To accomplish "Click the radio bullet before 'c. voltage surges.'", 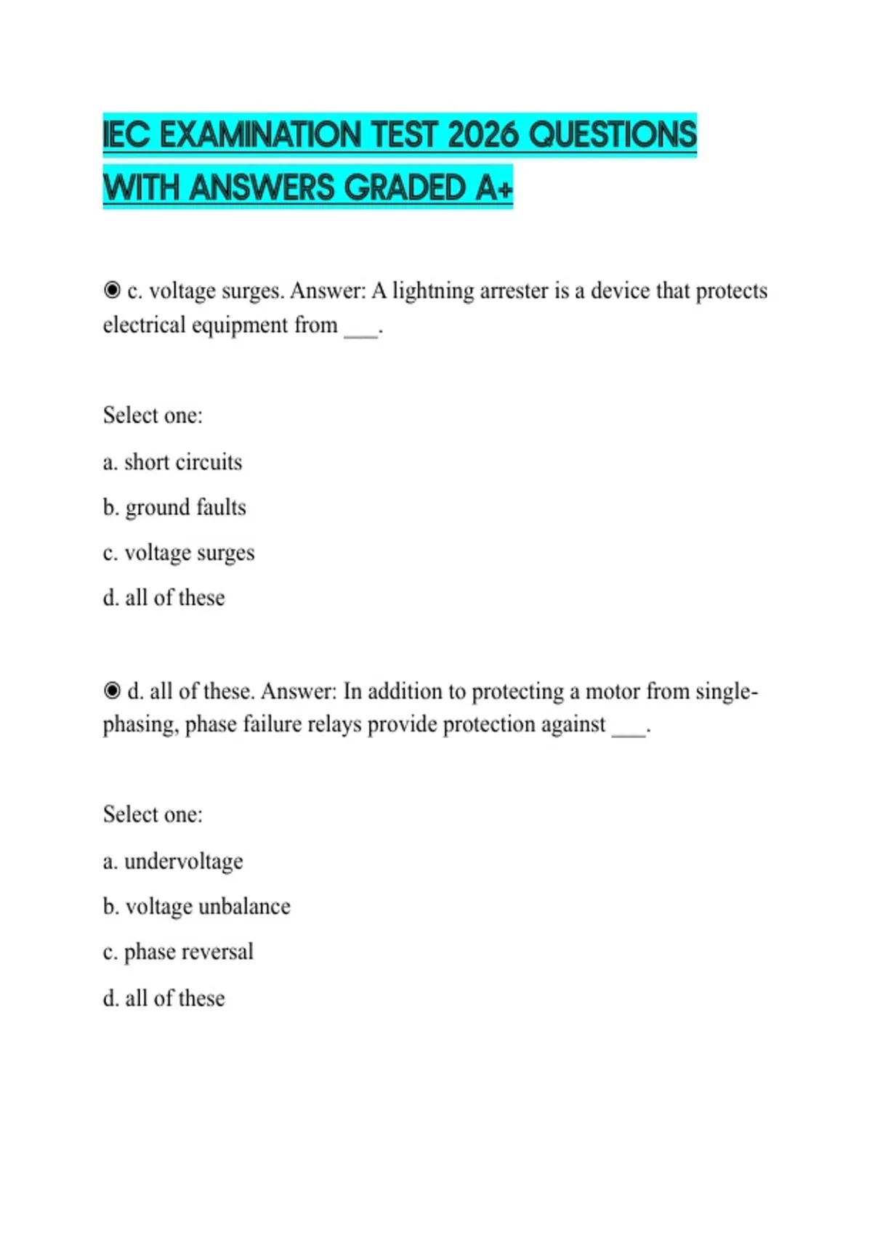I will pyautogui.click(x=112, y=291).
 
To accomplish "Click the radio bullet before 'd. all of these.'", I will pyautogui.click(x=112, y=690).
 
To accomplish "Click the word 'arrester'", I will pyautogui.click(x=514, y=291).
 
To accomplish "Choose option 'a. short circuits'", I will pyautogui.click(x=172, y=462).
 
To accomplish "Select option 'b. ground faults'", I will pyautogui.click(x=174, y=507).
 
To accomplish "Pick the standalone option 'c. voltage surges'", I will pyautogui.click(x=179, y=553).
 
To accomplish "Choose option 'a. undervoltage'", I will pyautogui.click(x=173, y=862).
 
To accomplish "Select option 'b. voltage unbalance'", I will pyautogui.click(x=196, y=907).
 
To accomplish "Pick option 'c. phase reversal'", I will pyautogui.click(x=178, y=952).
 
